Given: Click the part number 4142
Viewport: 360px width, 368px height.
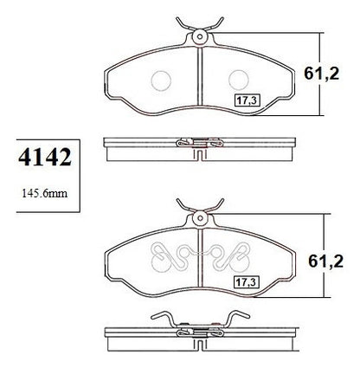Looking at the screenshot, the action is (x=45, y=158).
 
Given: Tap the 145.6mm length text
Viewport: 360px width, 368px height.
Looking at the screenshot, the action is (x=45, y=193).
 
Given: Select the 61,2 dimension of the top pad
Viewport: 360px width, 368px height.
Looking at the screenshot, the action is (x=322, y=74).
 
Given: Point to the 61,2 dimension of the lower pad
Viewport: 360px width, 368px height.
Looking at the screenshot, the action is (x=325, y=261).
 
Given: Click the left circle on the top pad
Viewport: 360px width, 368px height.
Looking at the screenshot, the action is (x=161, y=81).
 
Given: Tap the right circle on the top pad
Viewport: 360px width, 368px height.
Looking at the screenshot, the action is (x=239, y=81).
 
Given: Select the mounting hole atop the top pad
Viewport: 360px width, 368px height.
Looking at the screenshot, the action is (x=200, y=36).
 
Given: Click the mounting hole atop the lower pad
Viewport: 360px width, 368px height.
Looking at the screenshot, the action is (x=200, y=218).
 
